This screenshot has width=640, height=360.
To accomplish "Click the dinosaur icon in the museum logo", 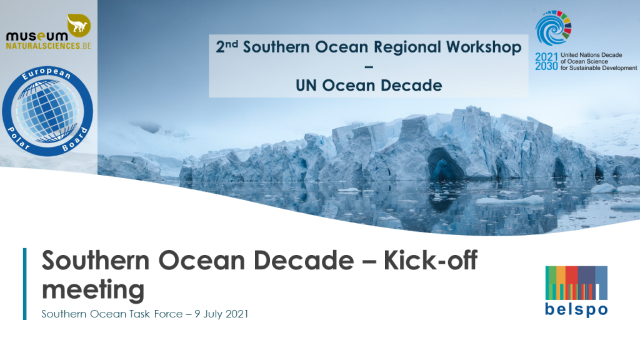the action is pyautogui.click(x=79, y=25).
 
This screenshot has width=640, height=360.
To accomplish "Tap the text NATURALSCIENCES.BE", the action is pyautogui.click(x=49, y=46).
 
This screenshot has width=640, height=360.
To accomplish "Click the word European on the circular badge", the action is pyautogui.click(x=46, y=73).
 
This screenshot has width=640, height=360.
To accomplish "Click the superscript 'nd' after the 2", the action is pyautogui.click(x=232, y=43).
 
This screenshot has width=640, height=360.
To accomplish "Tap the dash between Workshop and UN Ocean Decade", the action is pyautogui.click(x=369, y=66).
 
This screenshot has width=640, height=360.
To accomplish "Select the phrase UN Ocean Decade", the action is pyautogui.click(x=369, y=86).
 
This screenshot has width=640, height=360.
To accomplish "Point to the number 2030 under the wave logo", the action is pyautogui.click(x=546, y=66).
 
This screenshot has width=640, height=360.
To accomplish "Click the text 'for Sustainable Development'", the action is pyautogui.click(x=598, y=68).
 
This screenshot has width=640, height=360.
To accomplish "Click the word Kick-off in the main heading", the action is pyautogui.click(x=431, y=260).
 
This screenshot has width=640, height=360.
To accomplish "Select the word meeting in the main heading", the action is pyautogui.click(x=93, y=290).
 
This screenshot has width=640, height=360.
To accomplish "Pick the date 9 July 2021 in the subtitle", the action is pyautogui.click(x=221, y=314).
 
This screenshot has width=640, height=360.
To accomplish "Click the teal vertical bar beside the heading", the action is pyautogui.click(x=25, y=284).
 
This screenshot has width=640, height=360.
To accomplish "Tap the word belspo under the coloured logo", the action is pyautogui.click(x=576, y=310).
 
